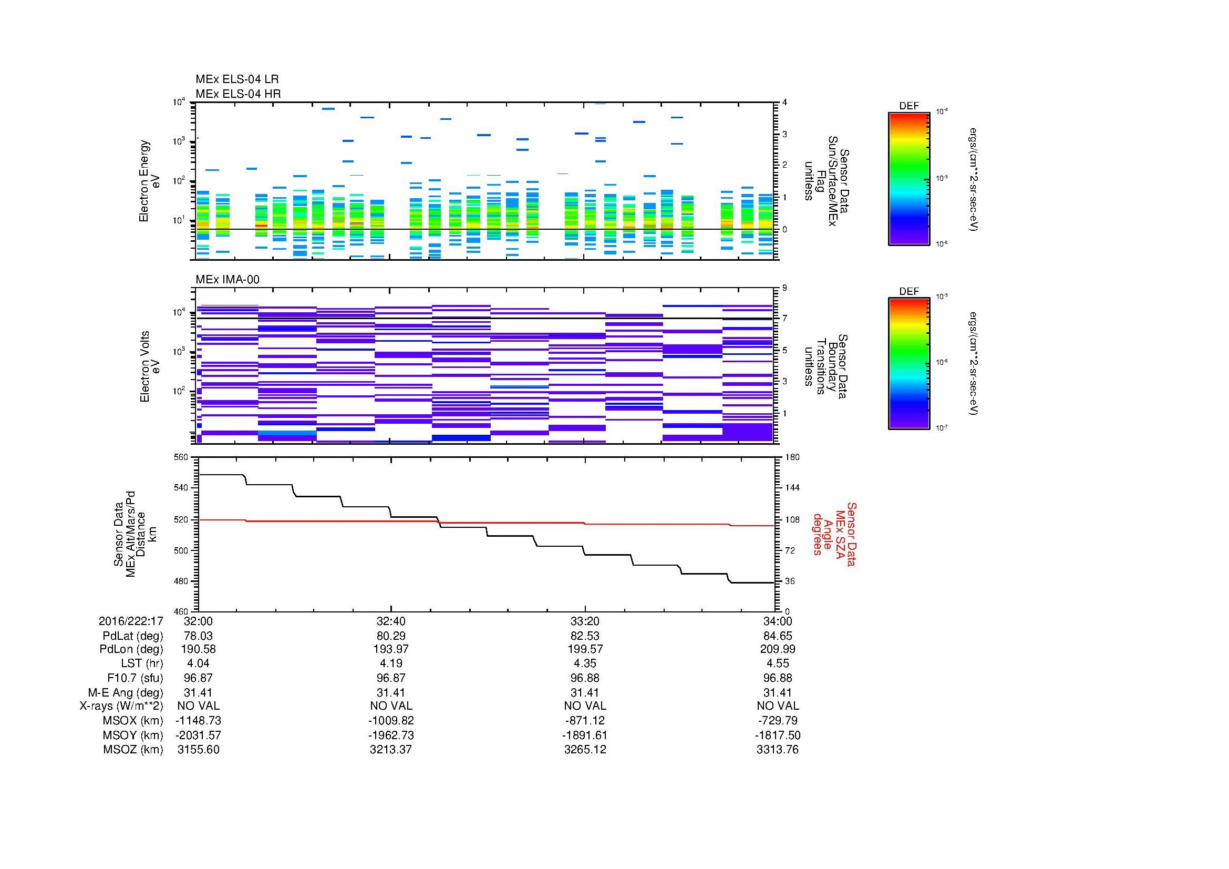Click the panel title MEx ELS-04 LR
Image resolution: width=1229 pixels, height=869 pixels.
tap(236, 79)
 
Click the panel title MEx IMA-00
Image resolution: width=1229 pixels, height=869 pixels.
tap(227, 280)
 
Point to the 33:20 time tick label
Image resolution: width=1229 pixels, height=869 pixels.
tap(584, 621)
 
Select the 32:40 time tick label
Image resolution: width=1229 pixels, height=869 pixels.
tap(391, 621)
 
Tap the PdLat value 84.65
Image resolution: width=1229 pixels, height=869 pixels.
tap(777, 636)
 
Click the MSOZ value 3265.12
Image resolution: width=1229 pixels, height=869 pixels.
tap(584, 750)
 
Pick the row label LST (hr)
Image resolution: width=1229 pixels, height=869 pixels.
tap(141, 663)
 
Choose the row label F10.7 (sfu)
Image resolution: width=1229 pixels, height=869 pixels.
tap(135, 678)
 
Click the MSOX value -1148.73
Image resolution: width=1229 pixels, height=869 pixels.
tap(198, 721)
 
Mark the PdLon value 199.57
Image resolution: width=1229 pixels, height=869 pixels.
tap(584, 649)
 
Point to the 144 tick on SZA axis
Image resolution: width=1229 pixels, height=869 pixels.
tap(791, 488)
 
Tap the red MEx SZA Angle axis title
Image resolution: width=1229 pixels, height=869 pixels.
tap(833, 534)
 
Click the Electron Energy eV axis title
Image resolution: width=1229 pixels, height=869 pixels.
tap(149, 181)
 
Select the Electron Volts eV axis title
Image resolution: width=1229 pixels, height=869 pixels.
tap(150, 367)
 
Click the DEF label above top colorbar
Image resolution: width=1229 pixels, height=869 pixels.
tap(908, 106)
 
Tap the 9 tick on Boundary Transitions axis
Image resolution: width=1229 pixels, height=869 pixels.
tap(784, 288)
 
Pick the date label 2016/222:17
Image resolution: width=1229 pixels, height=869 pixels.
tap(131, 621)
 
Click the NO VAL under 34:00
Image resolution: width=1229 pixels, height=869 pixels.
tap(777, 706)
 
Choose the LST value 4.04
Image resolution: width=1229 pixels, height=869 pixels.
tap(198, 663)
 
